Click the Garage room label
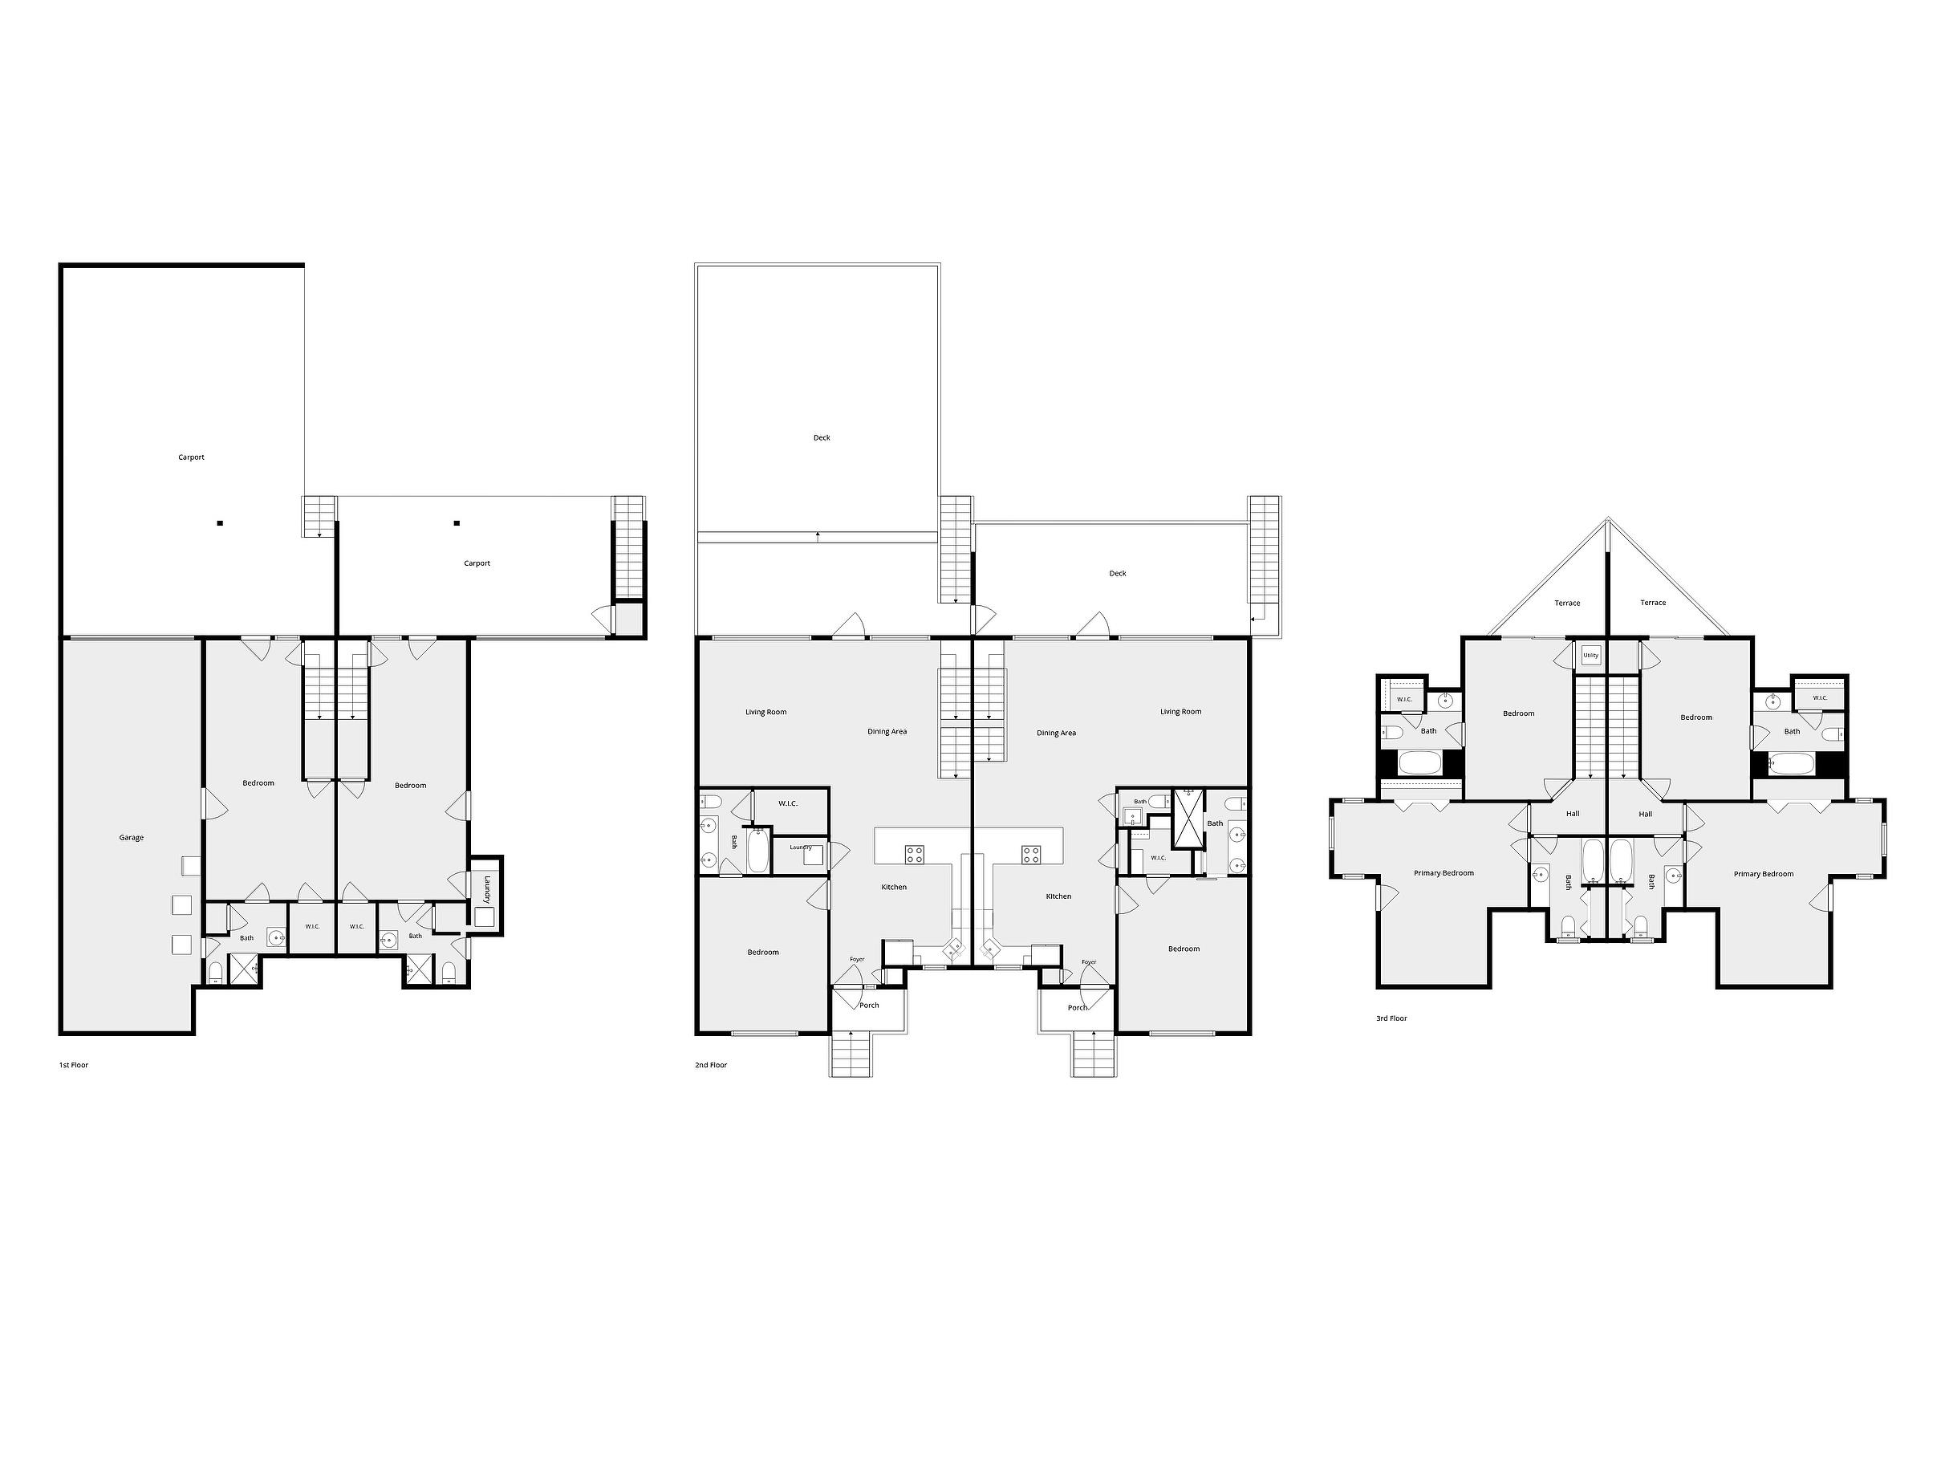point(131,838)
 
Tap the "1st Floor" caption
point(74,1065)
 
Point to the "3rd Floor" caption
point(1391,1018)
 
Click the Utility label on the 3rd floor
point(1590,655)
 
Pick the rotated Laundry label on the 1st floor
point(486,888)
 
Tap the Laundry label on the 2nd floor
point(800,847)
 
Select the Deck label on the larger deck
point(822,438)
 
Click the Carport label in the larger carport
point(191,457)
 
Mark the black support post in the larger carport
point(220,523)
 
